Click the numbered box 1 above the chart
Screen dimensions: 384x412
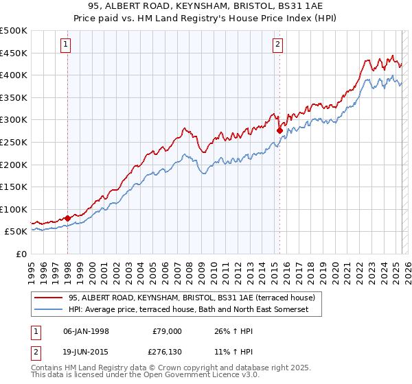pyautogui.click(x=66, y=45)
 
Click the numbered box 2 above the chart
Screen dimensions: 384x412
pyautogui.click(x=277, y=45)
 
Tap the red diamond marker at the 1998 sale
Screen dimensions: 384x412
pyautogui.click(x=67, y=218)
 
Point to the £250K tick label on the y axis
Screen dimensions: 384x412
pyautogui.click(x=14, y=142)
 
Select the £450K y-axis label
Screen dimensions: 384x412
pyautogui.click(x=14, y=53)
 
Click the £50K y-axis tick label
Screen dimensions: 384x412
pyautogui.click(x=17, y=232)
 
